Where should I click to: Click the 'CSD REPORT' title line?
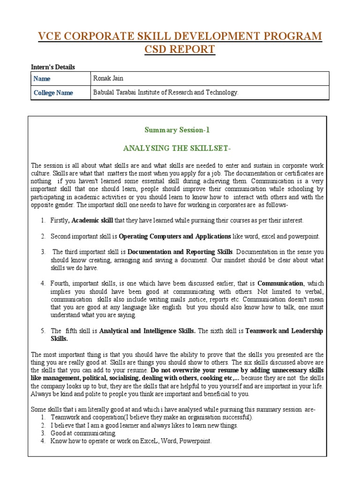click(180, 49)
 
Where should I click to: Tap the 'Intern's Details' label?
click(53, 67)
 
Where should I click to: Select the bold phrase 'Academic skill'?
click(92, 220)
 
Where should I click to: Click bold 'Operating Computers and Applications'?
click(175, 236)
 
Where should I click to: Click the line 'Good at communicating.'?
click(83, 434)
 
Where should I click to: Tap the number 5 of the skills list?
click(42, 331)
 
